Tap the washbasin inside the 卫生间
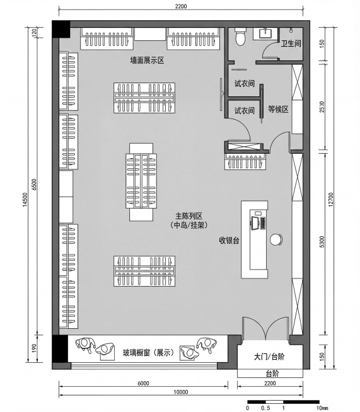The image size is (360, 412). [265, 33]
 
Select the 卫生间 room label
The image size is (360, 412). [292, 43]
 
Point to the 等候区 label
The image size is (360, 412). [277, 109]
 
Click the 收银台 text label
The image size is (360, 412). [228, 240]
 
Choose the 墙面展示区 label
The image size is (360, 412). [147, 60]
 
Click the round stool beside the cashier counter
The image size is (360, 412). [276, 239]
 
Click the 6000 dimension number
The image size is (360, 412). [142, 383]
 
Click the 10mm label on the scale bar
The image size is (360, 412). [322, 408]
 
